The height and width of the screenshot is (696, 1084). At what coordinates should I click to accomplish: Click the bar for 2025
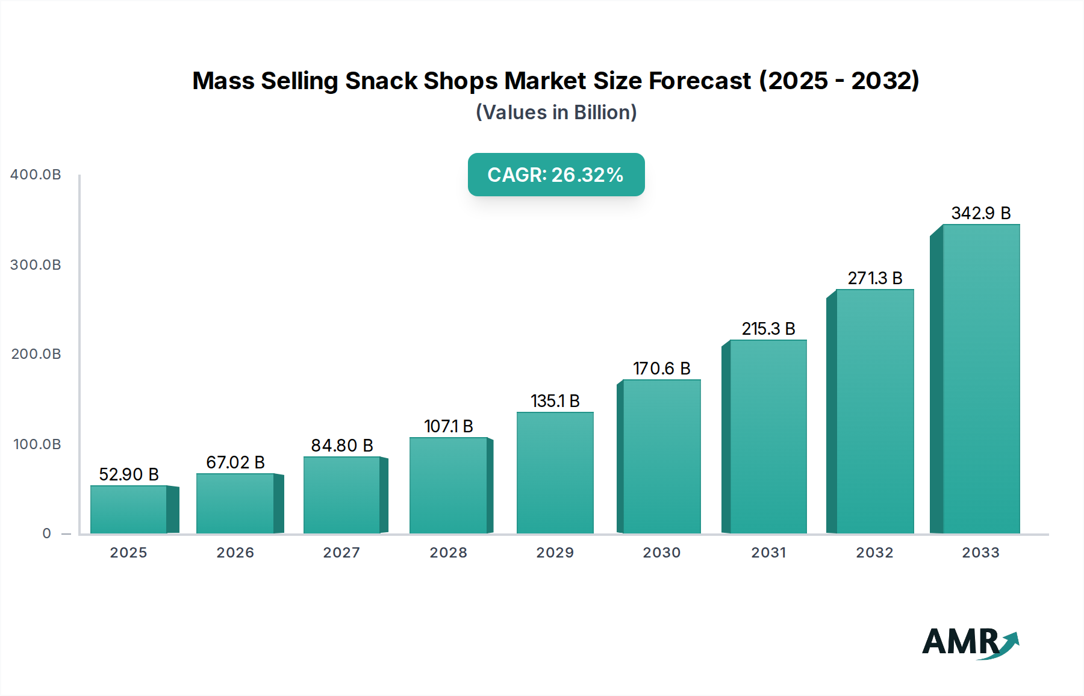click(x=128, y=509)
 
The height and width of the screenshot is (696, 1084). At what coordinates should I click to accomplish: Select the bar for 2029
click(x=555, y=473)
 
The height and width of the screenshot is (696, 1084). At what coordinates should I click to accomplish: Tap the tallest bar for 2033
click(x=980, y=379)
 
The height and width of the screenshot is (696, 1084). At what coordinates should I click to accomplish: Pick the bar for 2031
click(x=768, y=437)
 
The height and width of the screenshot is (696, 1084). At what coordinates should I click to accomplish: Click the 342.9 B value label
click(x=980, y=213)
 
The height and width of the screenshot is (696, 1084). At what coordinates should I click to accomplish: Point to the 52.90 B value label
click(x=128, y=474)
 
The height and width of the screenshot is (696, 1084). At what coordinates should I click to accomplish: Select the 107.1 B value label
click(x=448, y=426)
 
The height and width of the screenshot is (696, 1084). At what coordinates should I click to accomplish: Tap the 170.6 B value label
click(x=661, y=368)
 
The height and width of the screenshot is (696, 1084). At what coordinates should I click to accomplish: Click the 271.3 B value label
click(x=874, y=278)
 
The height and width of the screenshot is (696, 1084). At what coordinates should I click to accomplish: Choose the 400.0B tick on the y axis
click(x=36, y=175)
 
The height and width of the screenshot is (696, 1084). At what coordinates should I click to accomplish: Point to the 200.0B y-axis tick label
click(x=36, y=354)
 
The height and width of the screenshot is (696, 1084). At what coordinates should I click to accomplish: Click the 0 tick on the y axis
click(x=47, y=533)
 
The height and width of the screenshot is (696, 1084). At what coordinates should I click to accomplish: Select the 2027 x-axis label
click(x=341, y=553)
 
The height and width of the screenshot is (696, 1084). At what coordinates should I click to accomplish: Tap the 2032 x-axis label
click(x=874, y=553)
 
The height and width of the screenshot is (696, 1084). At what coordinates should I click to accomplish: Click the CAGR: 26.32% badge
click(x=556, y=175)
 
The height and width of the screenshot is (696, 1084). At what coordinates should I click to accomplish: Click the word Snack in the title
click(x=381, y=81)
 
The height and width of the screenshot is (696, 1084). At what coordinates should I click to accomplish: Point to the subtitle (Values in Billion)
click(x=556, y=113)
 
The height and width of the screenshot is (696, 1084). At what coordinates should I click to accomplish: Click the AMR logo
click(x=970, y=642)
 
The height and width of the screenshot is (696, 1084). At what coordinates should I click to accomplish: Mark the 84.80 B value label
click(x=341, y=446)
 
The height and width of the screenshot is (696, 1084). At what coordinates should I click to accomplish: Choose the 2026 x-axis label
click(x=235, y=553)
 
